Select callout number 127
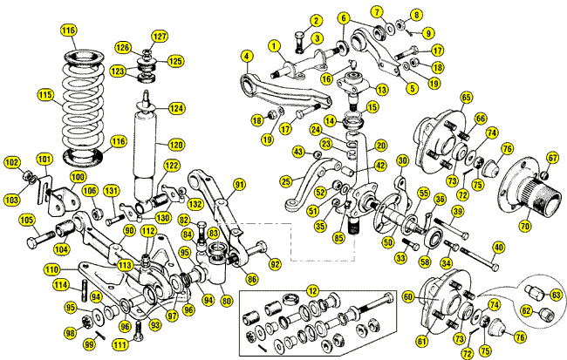[x=159, y=37]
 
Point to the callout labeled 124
[x=177, y=108]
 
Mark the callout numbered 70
[x=524, y=226]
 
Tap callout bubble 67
[x=551, y=158]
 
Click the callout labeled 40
[x=498, y=247]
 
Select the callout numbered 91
[x=239, y=184]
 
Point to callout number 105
[x=26, y=220]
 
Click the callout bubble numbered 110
[x=51, y=270]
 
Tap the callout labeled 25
[x=286, y=181]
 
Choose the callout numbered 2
[x=315, y=20]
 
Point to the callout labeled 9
[x=428, y=33]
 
